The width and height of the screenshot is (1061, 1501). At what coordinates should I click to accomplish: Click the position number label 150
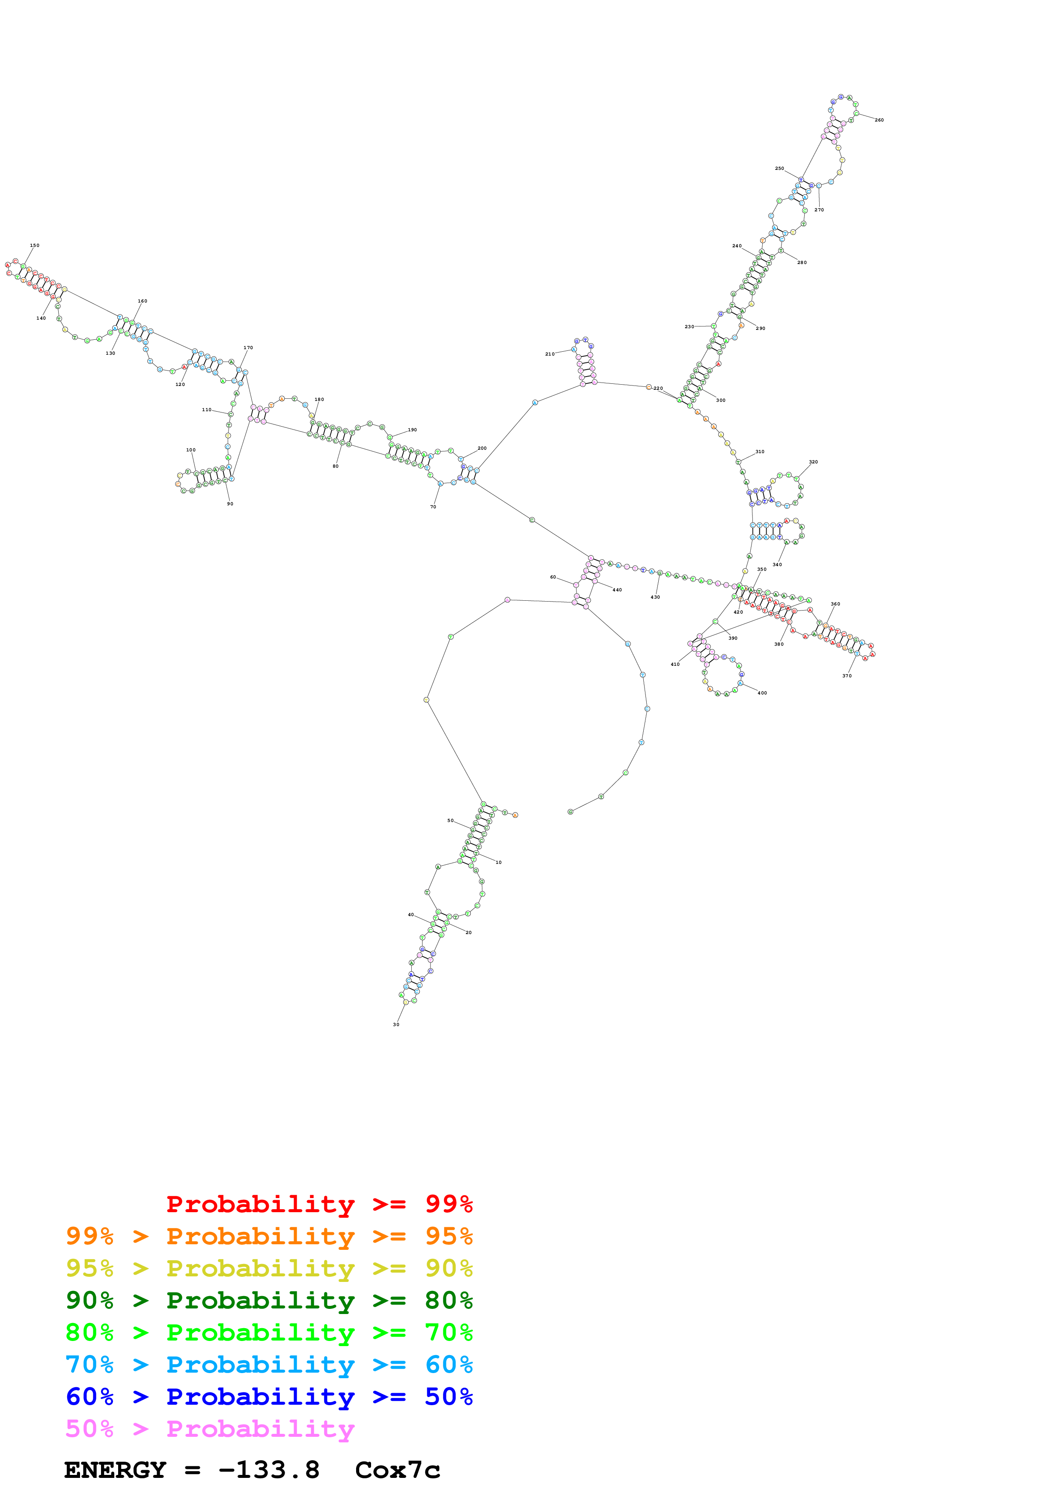point(35,246)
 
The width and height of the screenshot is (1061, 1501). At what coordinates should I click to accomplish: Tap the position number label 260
point(879,120)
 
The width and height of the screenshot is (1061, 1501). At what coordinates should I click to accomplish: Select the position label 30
point(396,1024)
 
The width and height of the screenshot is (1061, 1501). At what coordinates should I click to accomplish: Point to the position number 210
point(550,354)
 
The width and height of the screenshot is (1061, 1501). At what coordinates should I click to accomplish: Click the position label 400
point(762,693)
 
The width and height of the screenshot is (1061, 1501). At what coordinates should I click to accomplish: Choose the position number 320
point(813,462)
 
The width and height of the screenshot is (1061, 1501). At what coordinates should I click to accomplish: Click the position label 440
point(617,590)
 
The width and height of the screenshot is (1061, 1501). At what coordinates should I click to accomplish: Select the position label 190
point(413,430)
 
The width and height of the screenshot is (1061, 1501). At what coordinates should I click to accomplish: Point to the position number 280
point(802,263)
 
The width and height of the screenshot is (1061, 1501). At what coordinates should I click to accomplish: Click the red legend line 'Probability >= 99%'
point(319,1204)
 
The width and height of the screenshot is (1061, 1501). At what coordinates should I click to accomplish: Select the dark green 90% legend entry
point(269,1300)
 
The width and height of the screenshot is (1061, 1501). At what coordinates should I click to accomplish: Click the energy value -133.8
point(269,1470)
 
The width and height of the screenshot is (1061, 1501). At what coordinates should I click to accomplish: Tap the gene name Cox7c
point(398,1470)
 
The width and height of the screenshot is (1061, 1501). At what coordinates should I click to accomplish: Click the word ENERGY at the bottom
point(115,1470)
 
